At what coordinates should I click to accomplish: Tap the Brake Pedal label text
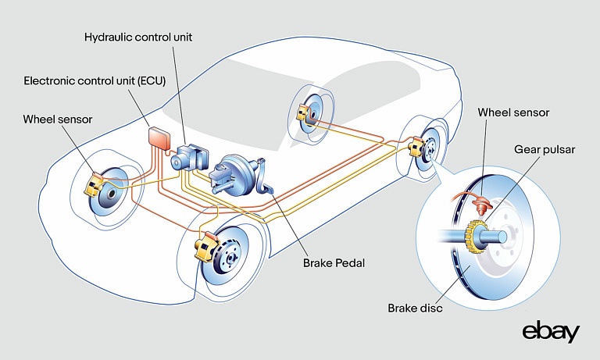(x=334, y=263)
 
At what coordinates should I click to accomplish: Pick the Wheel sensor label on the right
(x=513, y=112)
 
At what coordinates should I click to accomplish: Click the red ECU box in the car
(x=159, y=139)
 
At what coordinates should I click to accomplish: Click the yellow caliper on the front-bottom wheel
(x=205, y=248)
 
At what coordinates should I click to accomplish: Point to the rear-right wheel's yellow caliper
(x=415, y=146)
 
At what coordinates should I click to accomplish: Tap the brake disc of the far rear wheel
(x=310, y=114)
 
